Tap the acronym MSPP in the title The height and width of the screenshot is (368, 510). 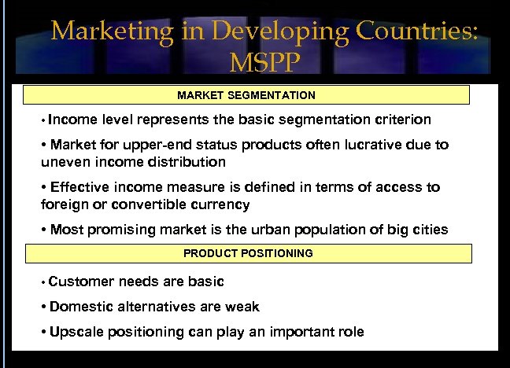click(x=264, y=62)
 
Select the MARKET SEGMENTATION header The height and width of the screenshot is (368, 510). click(x=246, y=95)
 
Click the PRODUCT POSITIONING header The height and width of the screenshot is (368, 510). click(x=248, y=253)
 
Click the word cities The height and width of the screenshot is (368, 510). click(x=429, y=230)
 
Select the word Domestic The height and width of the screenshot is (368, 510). click(x=82, y=307)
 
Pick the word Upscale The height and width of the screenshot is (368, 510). click(x=76, y=332)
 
